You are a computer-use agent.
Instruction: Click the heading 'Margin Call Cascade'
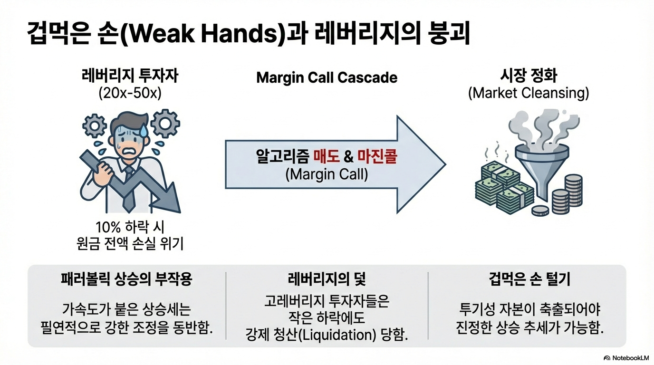327,77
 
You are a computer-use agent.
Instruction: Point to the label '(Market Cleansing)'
529,93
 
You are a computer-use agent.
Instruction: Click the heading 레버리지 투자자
130,76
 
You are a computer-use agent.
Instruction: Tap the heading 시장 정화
529,76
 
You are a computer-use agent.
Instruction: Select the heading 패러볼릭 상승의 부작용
126,279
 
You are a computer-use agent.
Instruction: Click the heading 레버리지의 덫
327,279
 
